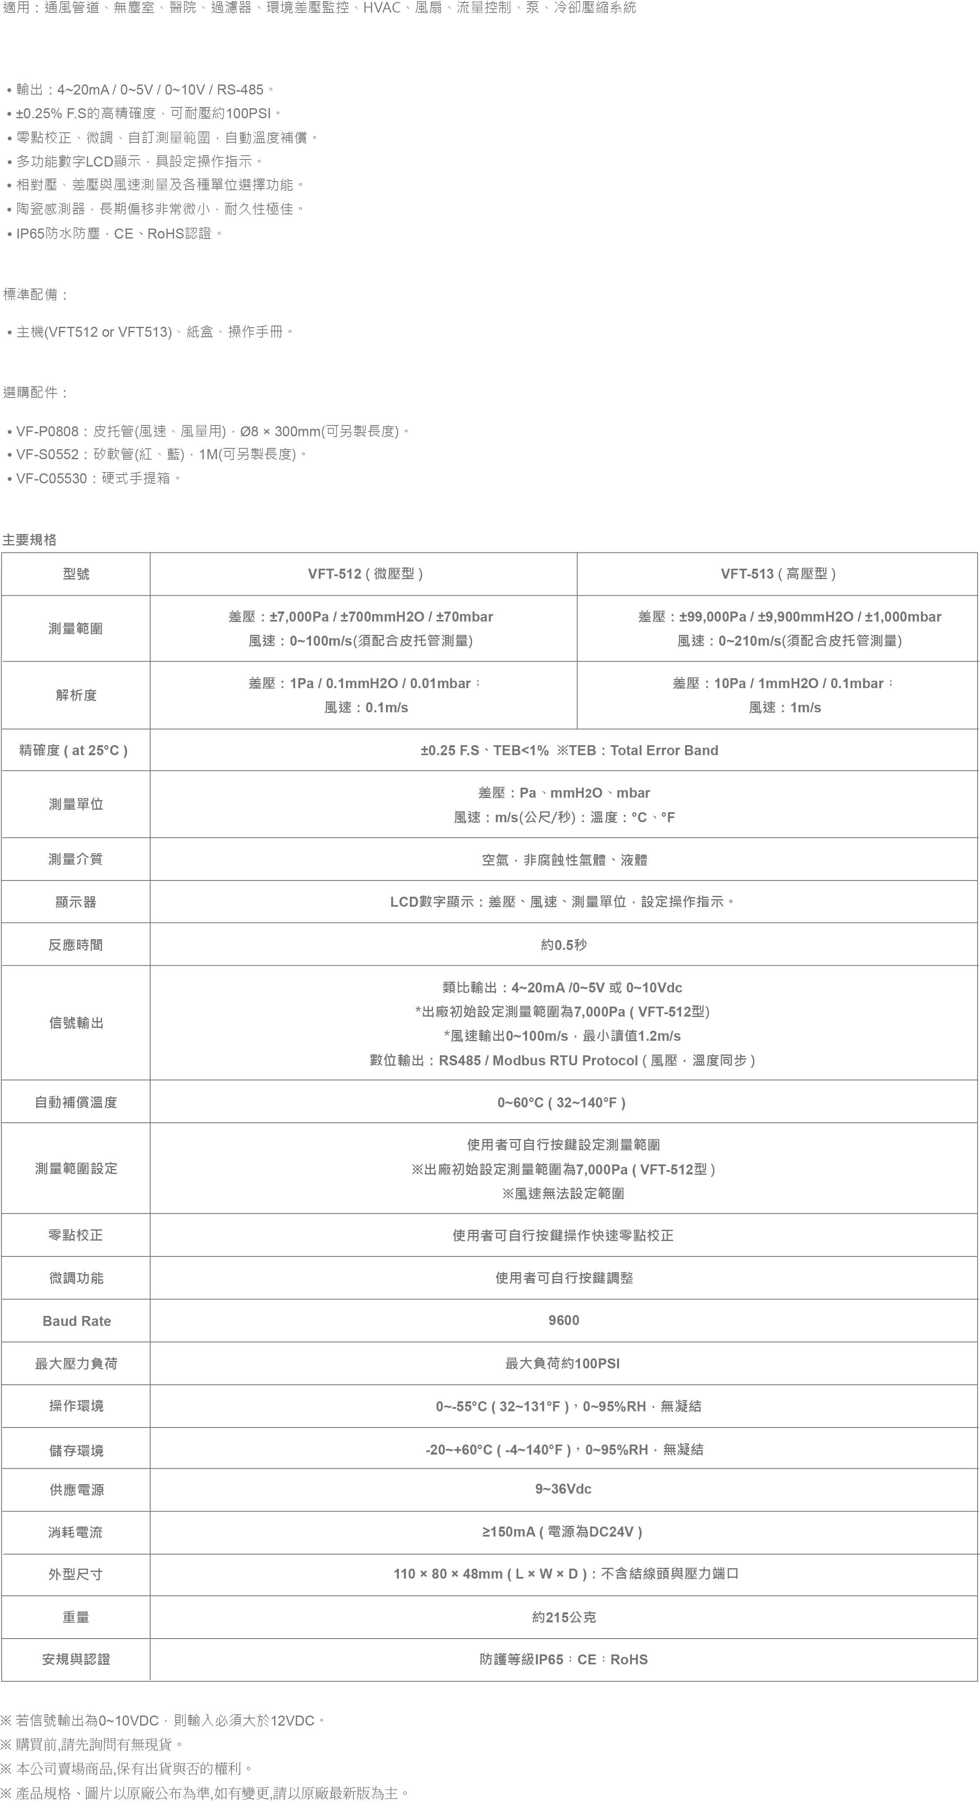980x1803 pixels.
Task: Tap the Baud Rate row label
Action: [x=76, y=1321]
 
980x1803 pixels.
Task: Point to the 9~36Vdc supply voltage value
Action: [x=564, y=1489]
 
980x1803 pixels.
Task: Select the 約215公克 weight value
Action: [x=564, y=1617]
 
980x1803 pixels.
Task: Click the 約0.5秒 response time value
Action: [x=564, y=945]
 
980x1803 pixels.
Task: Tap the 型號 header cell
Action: [x=76, y=574]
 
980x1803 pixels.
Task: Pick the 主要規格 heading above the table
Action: [x=30, y=540]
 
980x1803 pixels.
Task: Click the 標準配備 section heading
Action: [x=35, y=295]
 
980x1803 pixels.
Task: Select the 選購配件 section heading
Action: [x=35, y=393]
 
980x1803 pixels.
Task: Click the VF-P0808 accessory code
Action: [x=47, y=431]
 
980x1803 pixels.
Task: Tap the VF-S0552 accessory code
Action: [x=47, y=454]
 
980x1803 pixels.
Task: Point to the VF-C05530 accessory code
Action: [x=52, y=478]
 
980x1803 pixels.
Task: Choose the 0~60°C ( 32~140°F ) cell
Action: [x=562, y=1102]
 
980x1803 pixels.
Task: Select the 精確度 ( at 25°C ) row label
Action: [x=74, y=750]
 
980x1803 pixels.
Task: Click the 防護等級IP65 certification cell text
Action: [x=564, y=1659]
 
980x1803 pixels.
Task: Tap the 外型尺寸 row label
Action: [x=76, y=1574]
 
